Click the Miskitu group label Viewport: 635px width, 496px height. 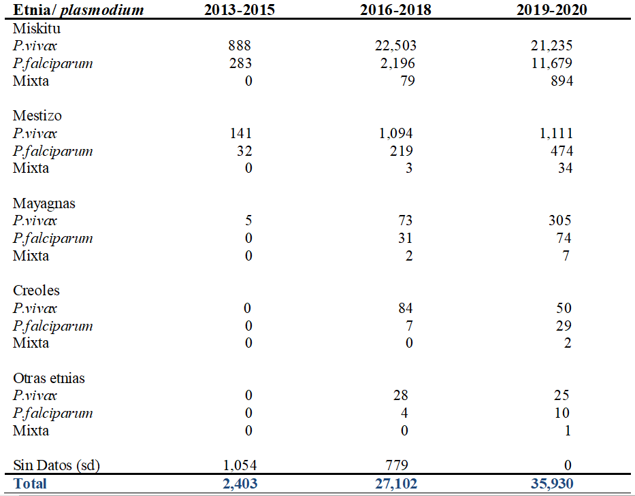coord(37,29)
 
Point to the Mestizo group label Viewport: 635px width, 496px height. coord(37,116)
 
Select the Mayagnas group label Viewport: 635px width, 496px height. coord(44,203)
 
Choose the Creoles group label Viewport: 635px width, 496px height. coord(36,291)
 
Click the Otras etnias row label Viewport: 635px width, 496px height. coord(49,378)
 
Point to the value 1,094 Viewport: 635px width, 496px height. coord(397,133)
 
